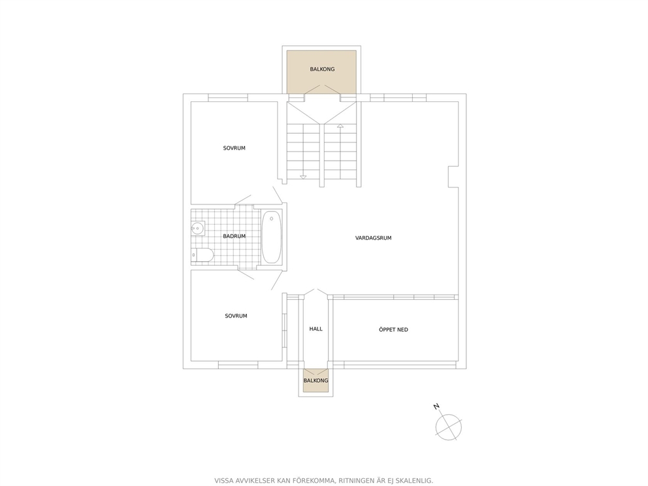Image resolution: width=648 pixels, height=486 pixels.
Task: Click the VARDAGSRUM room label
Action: coord(373,238)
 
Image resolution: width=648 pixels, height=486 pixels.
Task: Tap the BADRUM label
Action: coord(235,236)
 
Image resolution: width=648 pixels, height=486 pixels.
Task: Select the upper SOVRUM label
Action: coord(235,148)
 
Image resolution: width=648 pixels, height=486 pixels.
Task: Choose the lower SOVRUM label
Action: coord(236,316)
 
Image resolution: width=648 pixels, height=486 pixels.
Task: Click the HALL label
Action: coord(316,329)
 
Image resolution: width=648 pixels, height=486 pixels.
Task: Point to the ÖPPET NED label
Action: coord(393,330)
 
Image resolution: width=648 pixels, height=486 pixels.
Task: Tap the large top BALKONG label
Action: coord(322,69)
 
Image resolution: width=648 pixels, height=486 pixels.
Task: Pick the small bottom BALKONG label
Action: coord(316,381)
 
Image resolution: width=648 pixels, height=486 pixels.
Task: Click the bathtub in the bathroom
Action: coord(272,237)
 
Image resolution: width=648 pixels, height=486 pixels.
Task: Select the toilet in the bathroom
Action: coord(202,255)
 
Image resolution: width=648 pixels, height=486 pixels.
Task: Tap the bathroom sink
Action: coord(198,228)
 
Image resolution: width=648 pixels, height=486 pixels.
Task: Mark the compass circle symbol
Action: coord(448,427)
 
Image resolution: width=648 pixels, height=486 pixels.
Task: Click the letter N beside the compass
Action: coord(436,407)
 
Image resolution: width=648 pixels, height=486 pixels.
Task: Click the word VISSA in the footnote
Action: coord(224,481)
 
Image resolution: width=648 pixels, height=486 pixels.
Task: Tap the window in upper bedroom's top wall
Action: coord(228,97)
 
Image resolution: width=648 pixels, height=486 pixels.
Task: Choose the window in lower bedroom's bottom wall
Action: coord(238,365)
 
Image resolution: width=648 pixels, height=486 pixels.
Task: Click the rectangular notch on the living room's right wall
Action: coord(454,176)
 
